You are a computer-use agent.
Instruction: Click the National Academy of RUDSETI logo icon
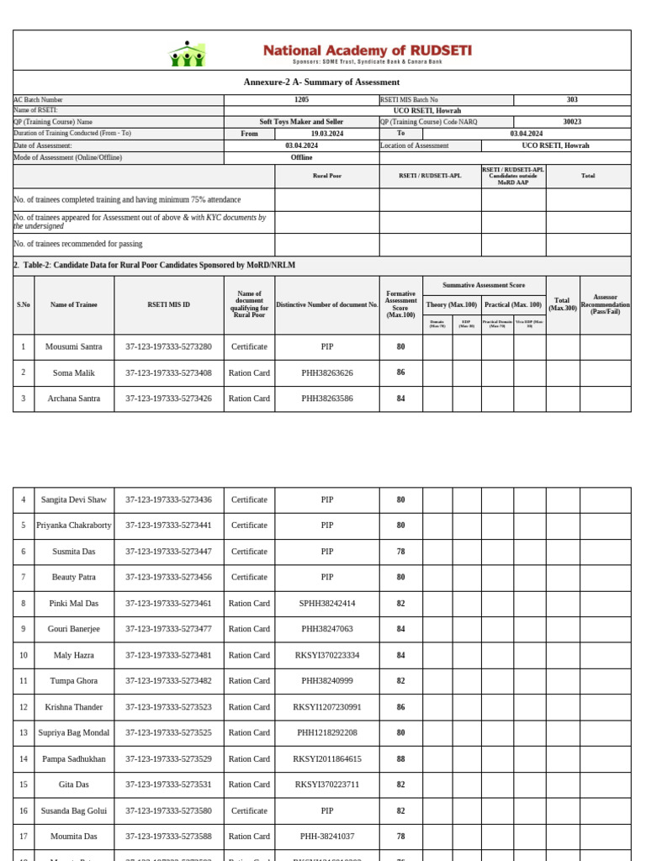click(188, 54)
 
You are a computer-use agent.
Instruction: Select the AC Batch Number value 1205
click(301, 99)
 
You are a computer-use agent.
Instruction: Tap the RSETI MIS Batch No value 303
click(572, 99)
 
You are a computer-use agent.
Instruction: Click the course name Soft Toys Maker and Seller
click(301, 122)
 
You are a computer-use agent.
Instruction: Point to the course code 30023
click(572, 122)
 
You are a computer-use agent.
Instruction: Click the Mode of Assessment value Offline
click(301, 157)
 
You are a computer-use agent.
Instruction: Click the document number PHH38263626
click(327, 372)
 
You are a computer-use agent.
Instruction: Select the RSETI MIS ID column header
click(168, 304)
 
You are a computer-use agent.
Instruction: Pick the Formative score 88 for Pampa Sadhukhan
click(400, 758)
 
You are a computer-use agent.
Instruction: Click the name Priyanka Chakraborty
click(73, 526)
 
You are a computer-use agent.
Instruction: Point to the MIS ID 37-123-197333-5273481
click(168, 655)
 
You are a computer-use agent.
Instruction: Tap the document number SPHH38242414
click(327, 603)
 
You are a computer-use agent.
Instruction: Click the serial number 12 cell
click(24, 707)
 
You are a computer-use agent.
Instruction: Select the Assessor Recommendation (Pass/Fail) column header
click(605, 304)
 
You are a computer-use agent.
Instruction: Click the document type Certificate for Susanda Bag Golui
click(249, 811)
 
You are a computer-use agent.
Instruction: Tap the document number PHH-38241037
click(327, 837)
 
